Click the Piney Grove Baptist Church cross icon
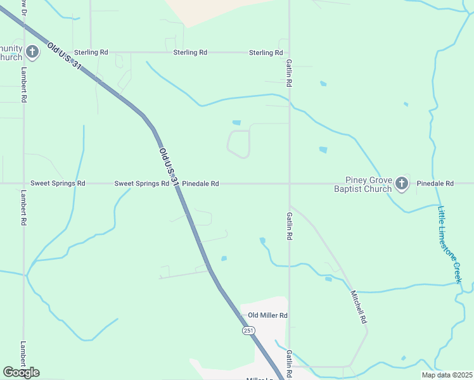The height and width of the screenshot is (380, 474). coord(401,184)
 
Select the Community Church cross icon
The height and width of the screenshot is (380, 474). coord(32,52)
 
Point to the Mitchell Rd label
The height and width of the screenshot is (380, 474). coord(359,307)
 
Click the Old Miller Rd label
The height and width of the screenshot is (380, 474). coord(267,315)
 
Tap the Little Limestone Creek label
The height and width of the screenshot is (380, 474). coord(451,243)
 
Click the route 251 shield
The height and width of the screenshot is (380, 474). coord(248,331)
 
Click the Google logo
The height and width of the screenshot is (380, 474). coord(21,372)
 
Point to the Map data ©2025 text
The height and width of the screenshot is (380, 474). coord(446,375)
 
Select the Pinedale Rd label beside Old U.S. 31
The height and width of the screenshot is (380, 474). coord(200,184)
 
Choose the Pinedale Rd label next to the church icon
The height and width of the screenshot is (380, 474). coord(435,184)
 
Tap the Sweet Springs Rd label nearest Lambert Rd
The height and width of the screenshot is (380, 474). coord(63,183)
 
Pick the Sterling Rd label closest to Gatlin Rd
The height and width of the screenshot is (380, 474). coord(266,53)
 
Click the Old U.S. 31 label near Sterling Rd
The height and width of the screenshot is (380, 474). coord(64,60)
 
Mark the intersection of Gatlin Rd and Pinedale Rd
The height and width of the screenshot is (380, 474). coord(290,184)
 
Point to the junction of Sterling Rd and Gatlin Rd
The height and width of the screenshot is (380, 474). coord(290,53)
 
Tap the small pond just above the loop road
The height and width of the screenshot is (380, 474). coord(236,122)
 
